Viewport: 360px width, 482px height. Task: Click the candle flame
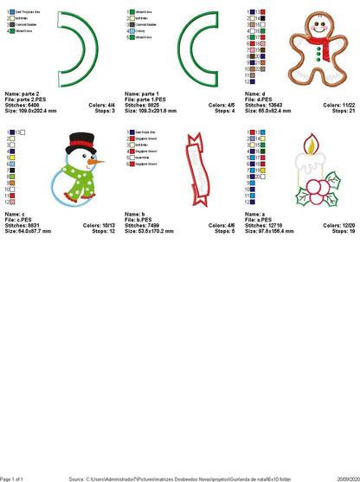coord(309,138)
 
